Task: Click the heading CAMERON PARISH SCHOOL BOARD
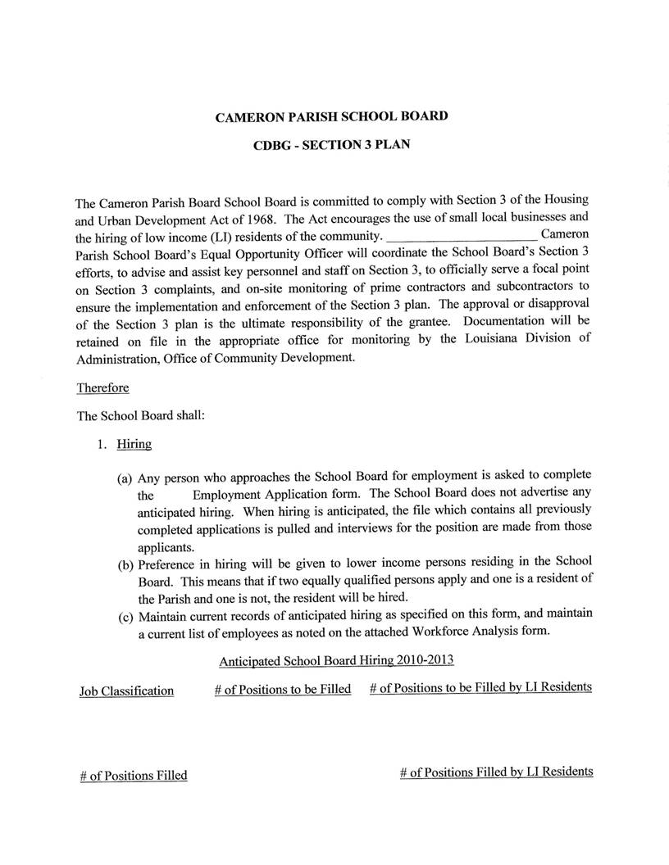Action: pyautogui.click(x=331, y=116)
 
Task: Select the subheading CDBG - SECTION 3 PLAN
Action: pyautogui.click(x=331, y=145)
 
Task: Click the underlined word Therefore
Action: pyautogui.click(x=102, y=387)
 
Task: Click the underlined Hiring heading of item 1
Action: pyautogui.click(x=134, y=445)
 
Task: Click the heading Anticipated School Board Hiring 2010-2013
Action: pyautogui.click(x=336, y=660)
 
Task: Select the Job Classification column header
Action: pyautogui.click(x=126, y=691)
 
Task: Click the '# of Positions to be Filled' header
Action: pyautogui.click(x=282, y=690)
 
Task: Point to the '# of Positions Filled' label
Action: pyautogui.click(x=133, y=775)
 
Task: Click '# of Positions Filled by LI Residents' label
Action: pyautogui.click(x=496, y=772)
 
